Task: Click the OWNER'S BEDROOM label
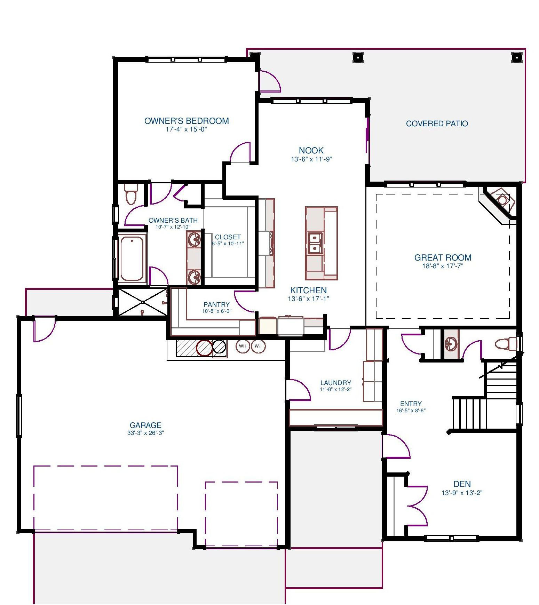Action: click(x=187, y=121)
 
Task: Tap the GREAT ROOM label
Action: click(x=443, y=257)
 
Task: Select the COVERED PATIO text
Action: click(x=437, y=124)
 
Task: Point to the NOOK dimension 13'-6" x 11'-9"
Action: click(x=311, y=159)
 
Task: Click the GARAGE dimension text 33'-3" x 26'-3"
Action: click(x=145, y=433)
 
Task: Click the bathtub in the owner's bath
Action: click(x=132, y=258)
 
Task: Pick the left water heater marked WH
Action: click(x=243, y=346)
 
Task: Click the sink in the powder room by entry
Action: click(x=451, y=343)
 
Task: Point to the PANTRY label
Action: click(x=216, y=305)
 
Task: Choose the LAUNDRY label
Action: click(x=335, y=383)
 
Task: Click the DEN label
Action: click(x=462, y=484)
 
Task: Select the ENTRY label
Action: click(x=411, y=404)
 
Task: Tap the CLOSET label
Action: click(x=228, y=237)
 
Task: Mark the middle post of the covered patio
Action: click(x=358, y=57)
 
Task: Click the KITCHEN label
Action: click(x=309, y=290)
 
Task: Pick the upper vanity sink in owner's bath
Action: click(x=194, y=239)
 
